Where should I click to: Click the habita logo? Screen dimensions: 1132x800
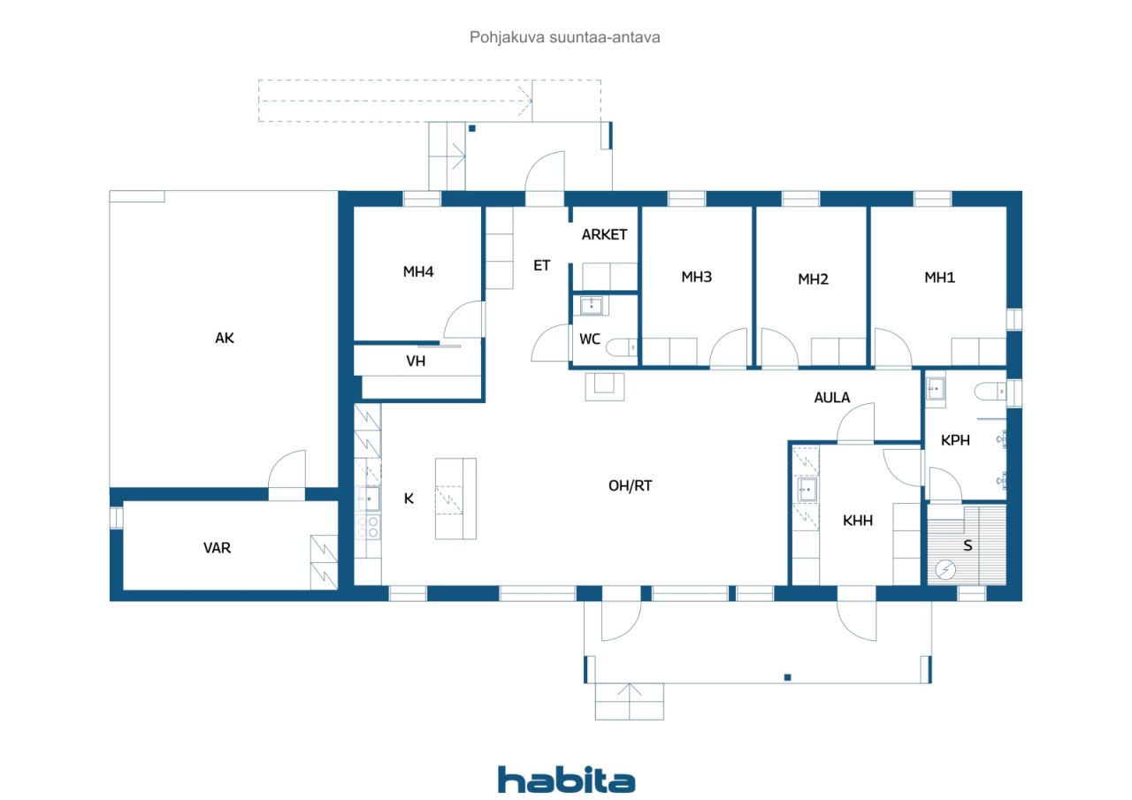566,780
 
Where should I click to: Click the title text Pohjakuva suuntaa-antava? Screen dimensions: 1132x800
564,37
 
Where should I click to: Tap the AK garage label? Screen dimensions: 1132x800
225,338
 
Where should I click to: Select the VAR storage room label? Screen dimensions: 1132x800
217,548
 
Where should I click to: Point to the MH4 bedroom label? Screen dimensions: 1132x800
418,271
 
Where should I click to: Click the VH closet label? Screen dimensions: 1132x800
416,362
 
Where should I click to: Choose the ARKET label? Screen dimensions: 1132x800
604,234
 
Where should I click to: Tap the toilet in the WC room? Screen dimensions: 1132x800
621,347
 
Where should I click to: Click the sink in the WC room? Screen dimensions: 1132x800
592,306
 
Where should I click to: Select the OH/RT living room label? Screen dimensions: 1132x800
630,486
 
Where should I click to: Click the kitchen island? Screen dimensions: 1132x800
455,499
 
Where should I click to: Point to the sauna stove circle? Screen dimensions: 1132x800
945,570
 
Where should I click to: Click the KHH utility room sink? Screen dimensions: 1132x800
807,490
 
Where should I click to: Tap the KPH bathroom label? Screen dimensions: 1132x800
955,440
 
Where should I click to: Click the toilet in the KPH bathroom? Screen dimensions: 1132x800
990,392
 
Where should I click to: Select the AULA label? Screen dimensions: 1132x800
832,398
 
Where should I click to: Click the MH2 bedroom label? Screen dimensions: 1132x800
813,279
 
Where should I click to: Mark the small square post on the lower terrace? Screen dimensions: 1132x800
787,677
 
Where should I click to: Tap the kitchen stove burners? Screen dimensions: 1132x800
368,527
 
